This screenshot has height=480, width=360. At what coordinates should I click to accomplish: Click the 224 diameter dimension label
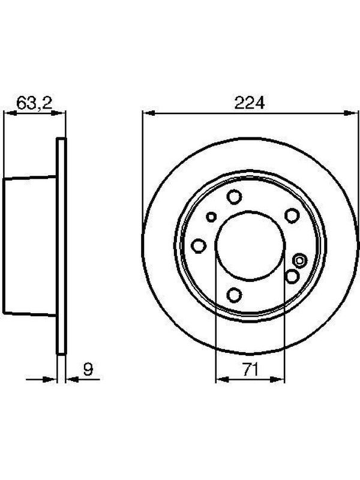(249, 103)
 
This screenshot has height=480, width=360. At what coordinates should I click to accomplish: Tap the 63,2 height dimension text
(34, 103)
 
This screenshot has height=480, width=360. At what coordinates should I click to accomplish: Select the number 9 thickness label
(88, 370)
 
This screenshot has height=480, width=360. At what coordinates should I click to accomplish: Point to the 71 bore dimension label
(250, 370)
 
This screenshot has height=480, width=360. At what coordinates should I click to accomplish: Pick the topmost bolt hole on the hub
(235, 197)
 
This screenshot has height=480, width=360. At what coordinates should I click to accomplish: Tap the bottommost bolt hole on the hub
(235, 295)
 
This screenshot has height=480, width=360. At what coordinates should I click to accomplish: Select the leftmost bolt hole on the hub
(199, 246)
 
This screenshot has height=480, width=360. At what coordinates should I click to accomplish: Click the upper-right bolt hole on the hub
(292, 215)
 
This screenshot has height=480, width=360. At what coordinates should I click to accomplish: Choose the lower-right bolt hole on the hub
(292, 277)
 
